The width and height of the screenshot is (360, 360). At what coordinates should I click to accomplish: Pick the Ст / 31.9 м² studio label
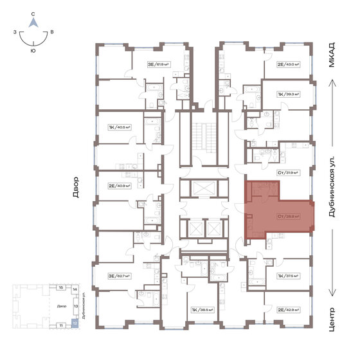point(287,172)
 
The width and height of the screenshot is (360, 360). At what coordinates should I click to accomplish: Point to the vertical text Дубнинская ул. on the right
point(332,191)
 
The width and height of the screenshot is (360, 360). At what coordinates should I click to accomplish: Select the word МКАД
point(332,55)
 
